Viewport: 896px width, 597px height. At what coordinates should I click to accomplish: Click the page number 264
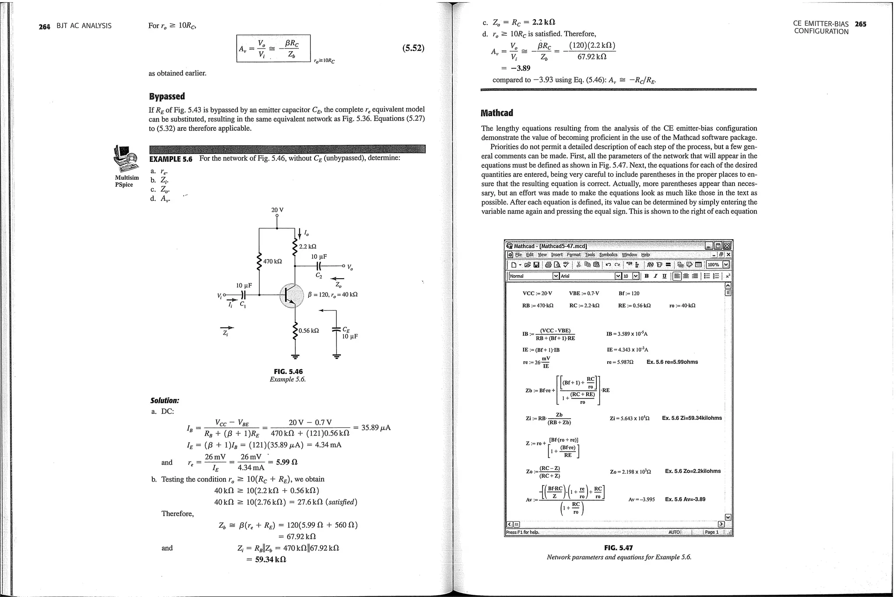[x=44, y=26]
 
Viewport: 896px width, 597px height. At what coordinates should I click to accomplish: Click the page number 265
[x=860, y=24]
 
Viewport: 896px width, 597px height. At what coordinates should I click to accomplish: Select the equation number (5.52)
[x=413, y=48]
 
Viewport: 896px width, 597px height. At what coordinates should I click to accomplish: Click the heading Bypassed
[x=167, y=96]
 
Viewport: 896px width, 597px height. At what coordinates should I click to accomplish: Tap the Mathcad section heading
[x=497, y=113]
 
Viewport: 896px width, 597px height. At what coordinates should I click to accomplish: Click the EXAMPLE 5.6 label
[x=171, y=159]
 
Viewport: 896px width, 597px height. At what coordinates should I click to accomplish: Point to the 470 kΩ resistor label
[x=273, y=262]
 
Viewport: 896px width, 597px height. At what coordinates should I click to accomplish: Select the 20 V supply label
[x=277, y=210]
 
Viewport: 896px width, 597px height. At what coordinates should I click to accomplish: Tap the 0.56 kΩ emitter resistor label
[x=309, y=331]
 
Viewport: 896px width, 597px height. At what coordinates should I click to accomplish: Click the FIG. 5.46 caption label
[x=288, y=372]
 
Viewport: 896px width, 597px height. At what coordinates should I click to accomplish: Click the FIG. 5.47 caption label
[x=618, y=548]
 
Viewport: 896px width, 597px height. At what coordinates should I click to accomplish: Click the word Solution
[x=164, y=401]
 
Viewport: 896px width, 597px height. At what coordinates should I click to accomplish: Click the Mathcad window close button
[x=727, y=246]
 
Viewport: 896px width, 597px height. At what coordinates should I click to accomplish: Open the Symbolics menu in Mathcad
[x=608, y=255]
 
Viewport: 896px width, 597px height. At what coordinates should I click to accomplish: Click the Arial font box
[x=586, y=276]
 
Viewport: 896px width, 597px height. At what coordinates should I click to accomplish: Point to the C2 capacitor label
[x=318, y=276]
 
